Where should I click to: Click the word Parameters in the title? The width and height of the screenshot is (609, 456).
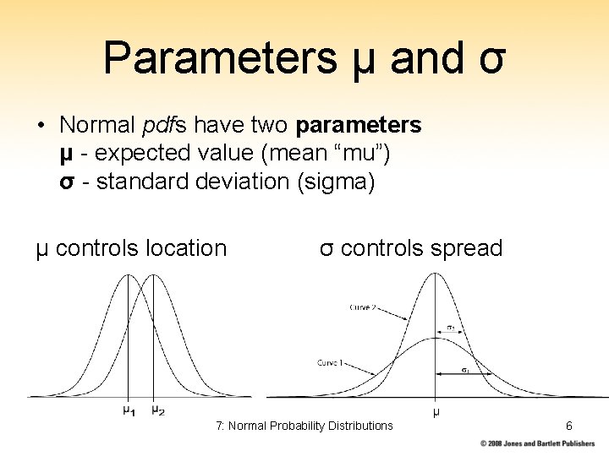pos(217,58)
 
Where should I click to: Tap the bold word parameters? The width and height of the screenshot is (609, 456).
pos(359,126)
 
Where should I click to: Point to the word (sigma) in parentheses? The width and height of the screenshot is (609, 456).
pos(332,182)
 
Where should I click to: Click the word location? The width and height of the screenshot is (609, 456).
pos(186,248)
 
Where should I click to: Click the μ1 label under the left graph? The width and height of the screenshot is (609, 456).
pos(129,410)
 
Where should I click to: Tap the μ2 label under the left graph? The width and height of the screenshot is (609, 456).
pos(157,410)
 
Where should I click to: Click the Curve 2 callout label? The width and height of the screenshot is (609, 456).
pos(363,307)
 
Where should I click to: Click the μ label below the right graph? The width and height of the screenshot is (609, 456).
pos(436,412)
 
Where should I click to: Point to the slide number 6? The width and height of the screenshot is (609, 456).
pos(569,426)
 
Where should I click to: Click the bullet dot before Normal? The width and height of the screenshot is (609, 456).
pos(41,127)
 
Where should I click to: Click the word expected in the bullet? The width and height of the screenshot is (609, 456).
pos(135,155)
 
